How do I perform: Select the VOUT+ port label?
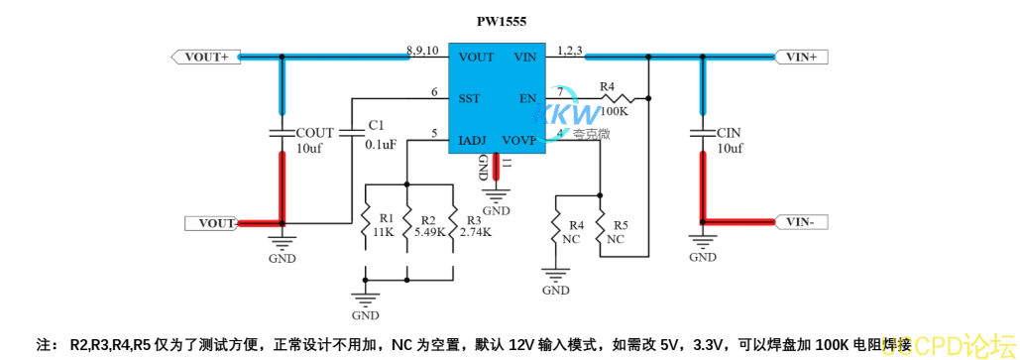pyautogui.click(x=205, y=58)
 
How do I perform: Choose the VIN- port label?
pyautogui.click(x=799, y=222)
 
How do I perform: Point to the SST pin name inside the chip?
pyautogui.click(x=470, y=99)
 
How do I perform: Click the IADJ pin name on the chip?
pyautogui.click(x=473, y=141)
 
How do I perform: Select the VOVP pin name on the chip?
pyautogui.click(x=518, y=141)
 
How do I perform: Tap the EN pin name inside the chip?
pyautogui.click(x=527, y=99)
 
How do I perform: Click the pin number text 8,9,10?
pyautogui.click(x=422, y=50)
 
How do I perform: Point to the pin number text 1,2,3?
pyautogui.click(x=570, y=50)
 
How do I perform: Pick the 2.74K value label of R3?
pyautogui.click(x=475, y=232)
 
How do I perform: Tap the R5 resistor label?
pyautogui.click(x=621, y=225)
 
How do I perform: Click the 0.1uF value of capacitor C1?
pyautogui.click(x=381, y=144)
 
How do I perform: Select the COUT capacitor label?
pyautogui.click(x=315, y=132)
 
